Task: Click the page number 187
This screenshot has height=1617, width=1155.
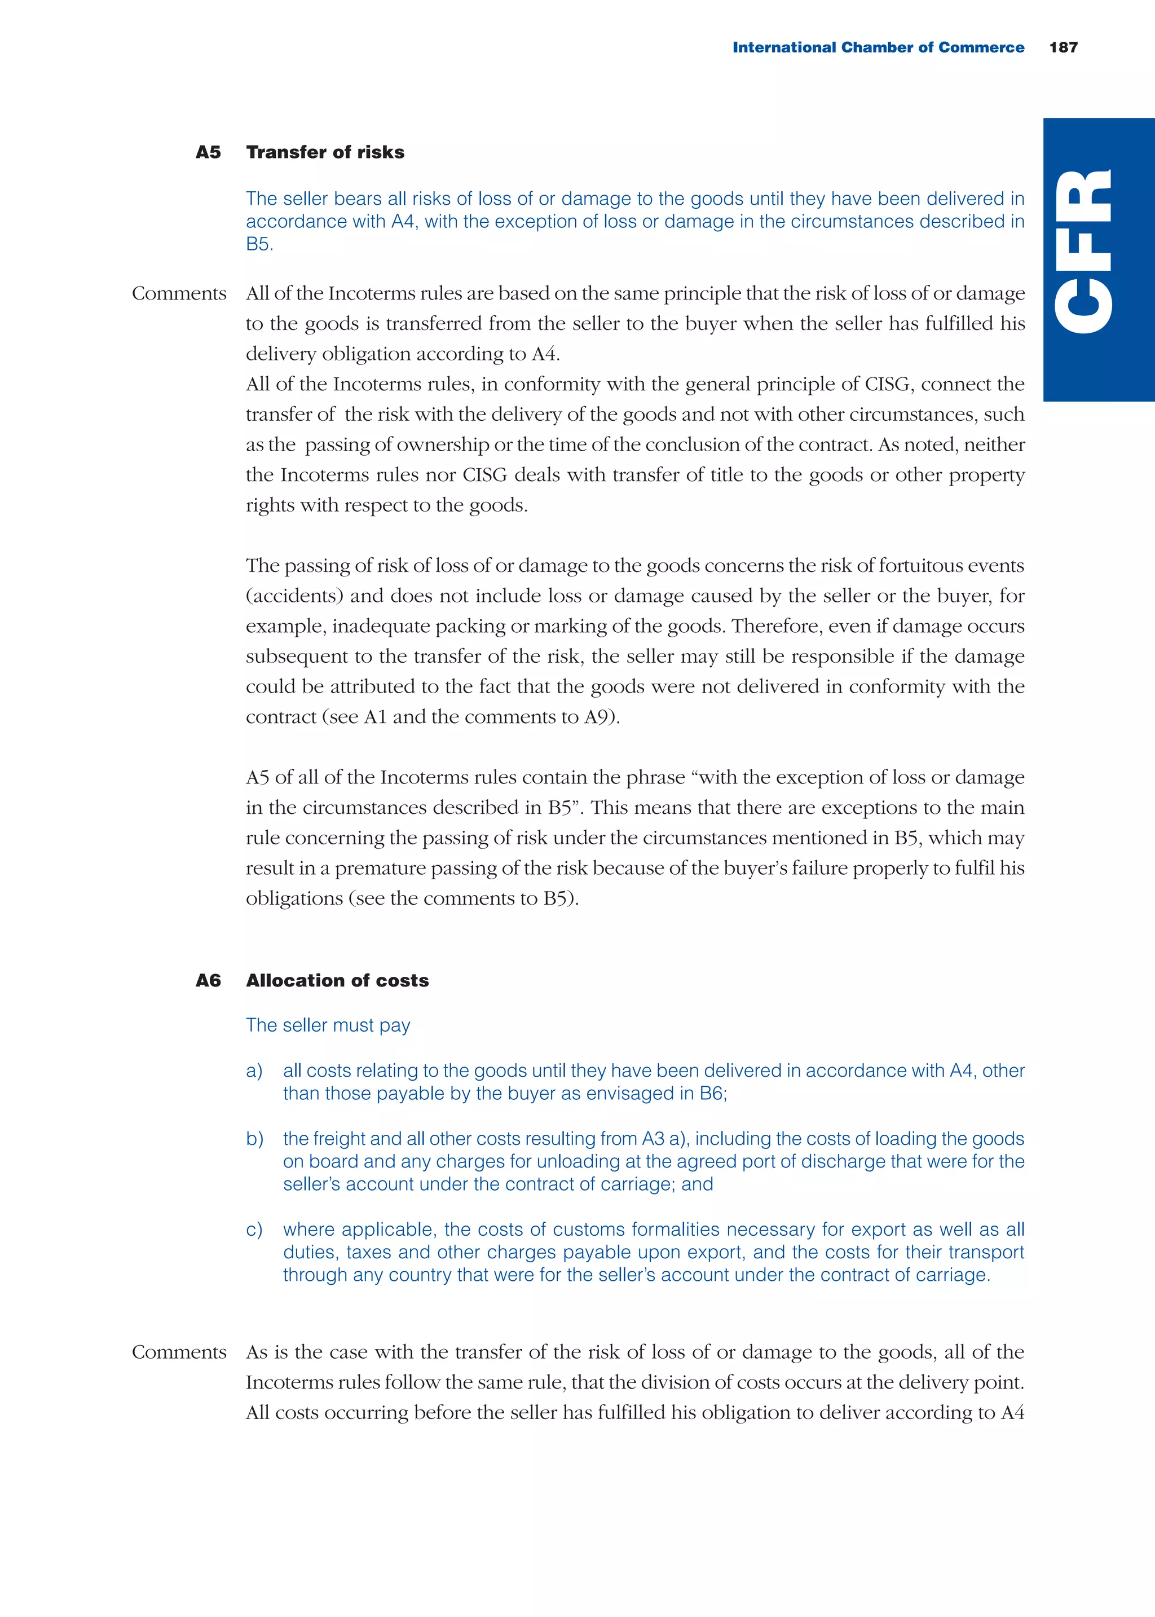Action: coord(1063,47)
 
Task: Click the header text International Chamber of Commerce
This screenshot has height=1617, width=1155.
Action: coord(878,47)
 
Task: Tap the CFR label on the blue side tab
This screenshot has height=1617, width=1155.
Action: coord(1083,251)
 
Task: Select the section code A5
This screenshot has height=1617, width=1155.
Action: coord(208,152)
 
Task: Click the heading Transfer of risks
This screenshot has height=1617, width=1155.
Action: coord(325,152)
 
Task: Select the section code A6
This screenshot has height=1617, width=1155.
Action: coord(208,981)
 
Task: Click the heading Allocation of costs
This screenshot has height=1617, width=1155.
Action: coord(337,981)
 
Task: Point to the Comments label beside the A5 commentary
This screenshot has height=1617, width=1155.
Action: coord(179,294)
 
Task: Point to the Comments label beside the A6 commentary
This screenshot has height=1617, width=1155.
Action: coord(179,1352)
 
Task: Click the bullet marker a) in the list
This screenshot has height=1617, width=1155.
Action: coord(254,1071)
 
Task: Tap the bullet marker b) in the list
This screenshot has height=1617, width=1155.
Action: coord(254,1139)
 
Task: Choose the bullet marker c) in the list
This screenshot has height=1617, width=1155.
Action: coord(254,1230)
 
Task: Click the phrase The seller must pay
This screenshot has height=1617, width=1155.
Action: coord(328,1025)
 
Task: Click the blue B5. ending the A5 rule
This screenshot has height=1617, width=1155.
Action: coord(259,245)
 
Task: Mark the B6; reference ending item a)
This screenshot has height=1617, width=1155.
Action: coord(713,1094)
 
